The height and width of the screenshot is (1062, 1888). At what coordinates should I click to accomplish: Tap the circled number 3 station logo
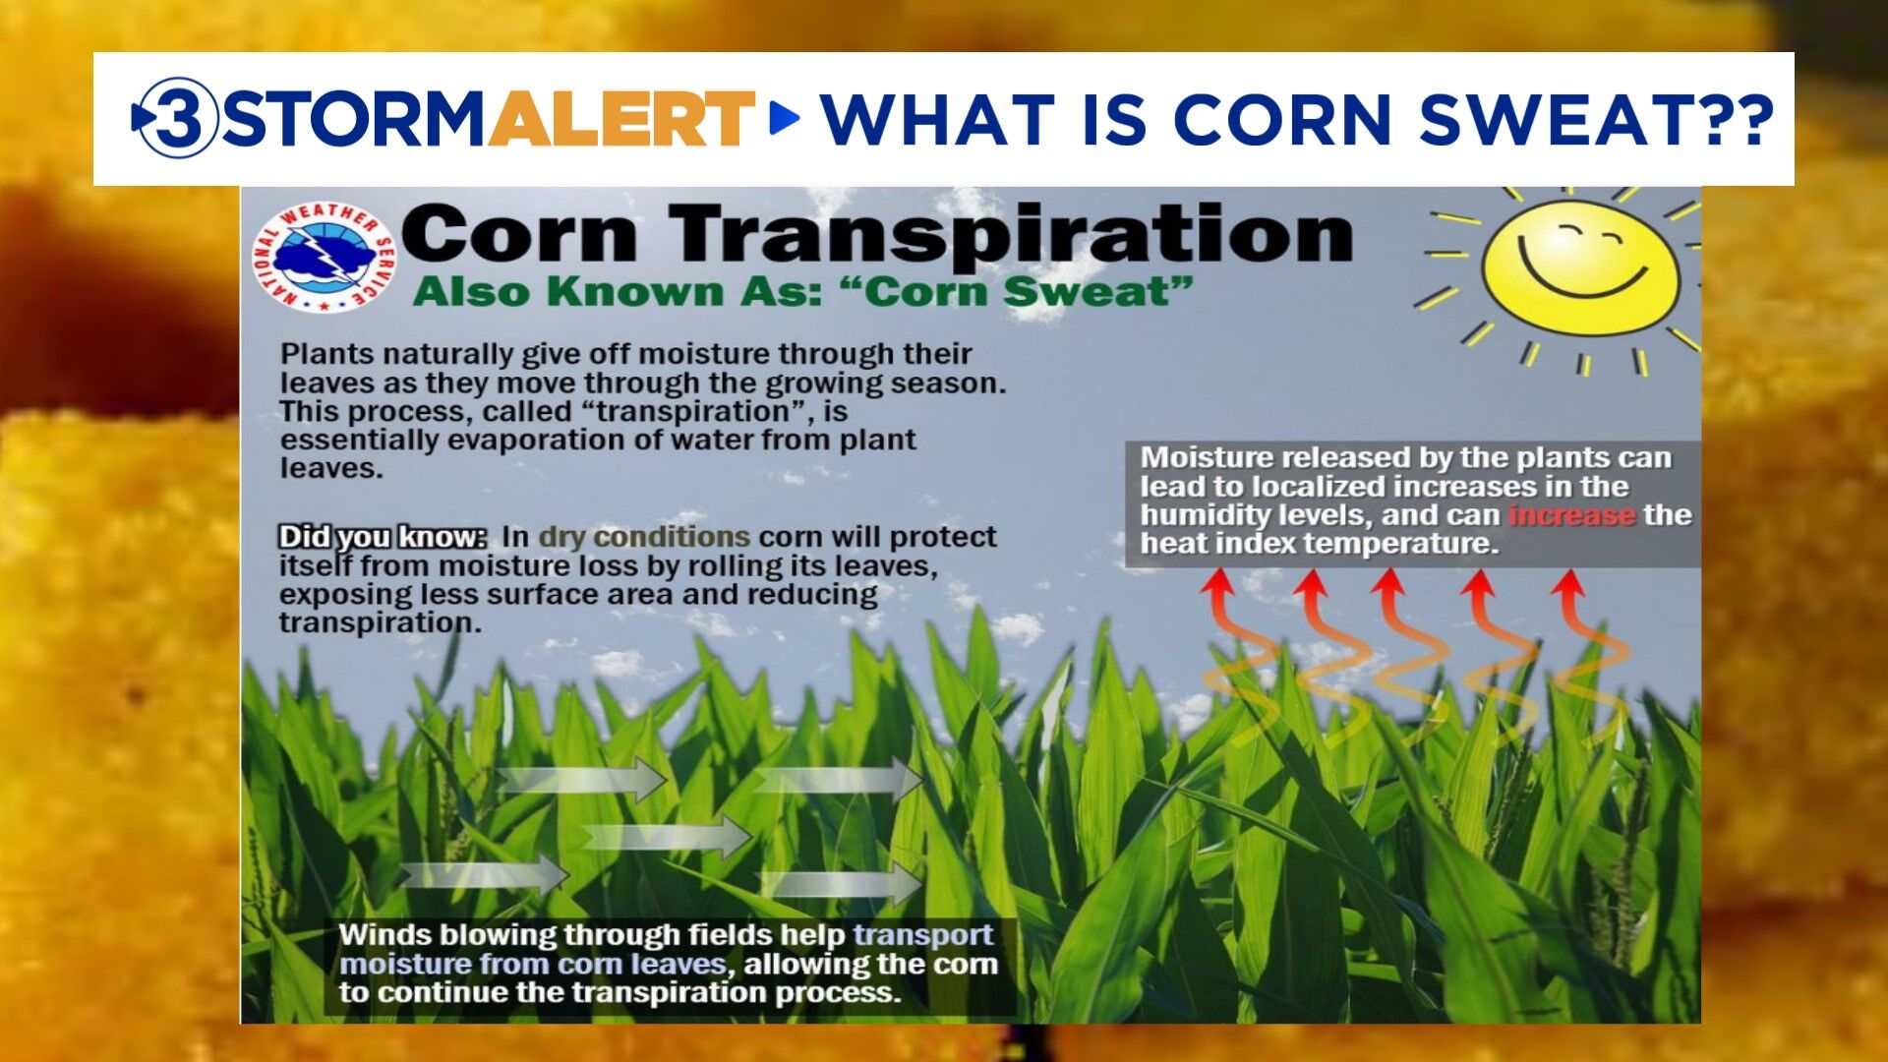pos(177,118)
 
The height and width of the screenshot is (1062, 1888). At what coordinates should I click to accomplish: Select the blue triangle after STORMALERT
pos(783,118)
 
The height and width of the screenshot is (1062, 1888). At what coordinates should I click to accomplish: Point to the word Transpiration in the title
pos(1013,236)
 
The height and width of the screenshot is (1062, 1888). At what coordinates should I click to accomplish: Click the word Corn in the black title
pos(520,236)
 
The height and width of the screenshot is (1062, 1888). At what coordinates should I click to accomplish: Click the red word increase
pos(1571,515)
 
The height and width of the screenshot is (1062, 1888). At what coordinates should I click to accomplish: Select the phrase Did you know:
pos(383,537)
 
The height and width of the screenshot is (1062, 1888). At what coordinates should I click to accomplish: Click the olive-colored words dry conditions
pos(644,537)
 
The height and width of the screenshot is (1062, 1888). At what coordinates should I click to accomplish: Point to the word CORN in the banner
pos(1282,119)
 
